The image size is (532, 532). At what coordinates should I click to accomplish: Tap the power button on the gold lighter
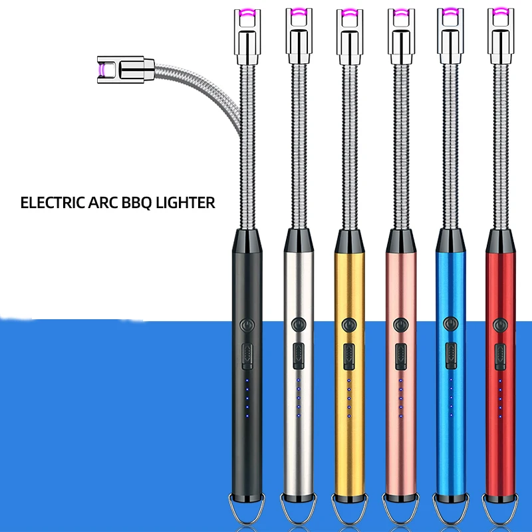click(348, 325)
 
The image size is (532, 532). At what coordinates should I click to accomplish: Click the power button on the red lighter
click(501, 325)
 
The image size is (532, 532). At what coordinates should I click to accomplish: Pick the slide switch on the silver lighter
click(297, 355)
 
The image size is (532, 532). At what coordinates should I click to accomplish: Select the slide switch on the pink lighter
click(400, 355)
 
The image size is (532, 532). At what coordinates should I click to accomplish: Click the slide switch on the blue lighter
click(451, 355)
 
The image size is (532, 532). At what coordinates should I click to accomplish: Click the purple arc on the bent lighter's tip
click(101, 67)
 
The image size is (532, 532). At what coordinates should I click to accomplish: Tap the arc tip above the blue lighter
click(450, 11)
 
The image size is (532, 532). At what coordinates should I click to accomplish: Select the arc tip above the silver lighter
click(297, 11)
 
